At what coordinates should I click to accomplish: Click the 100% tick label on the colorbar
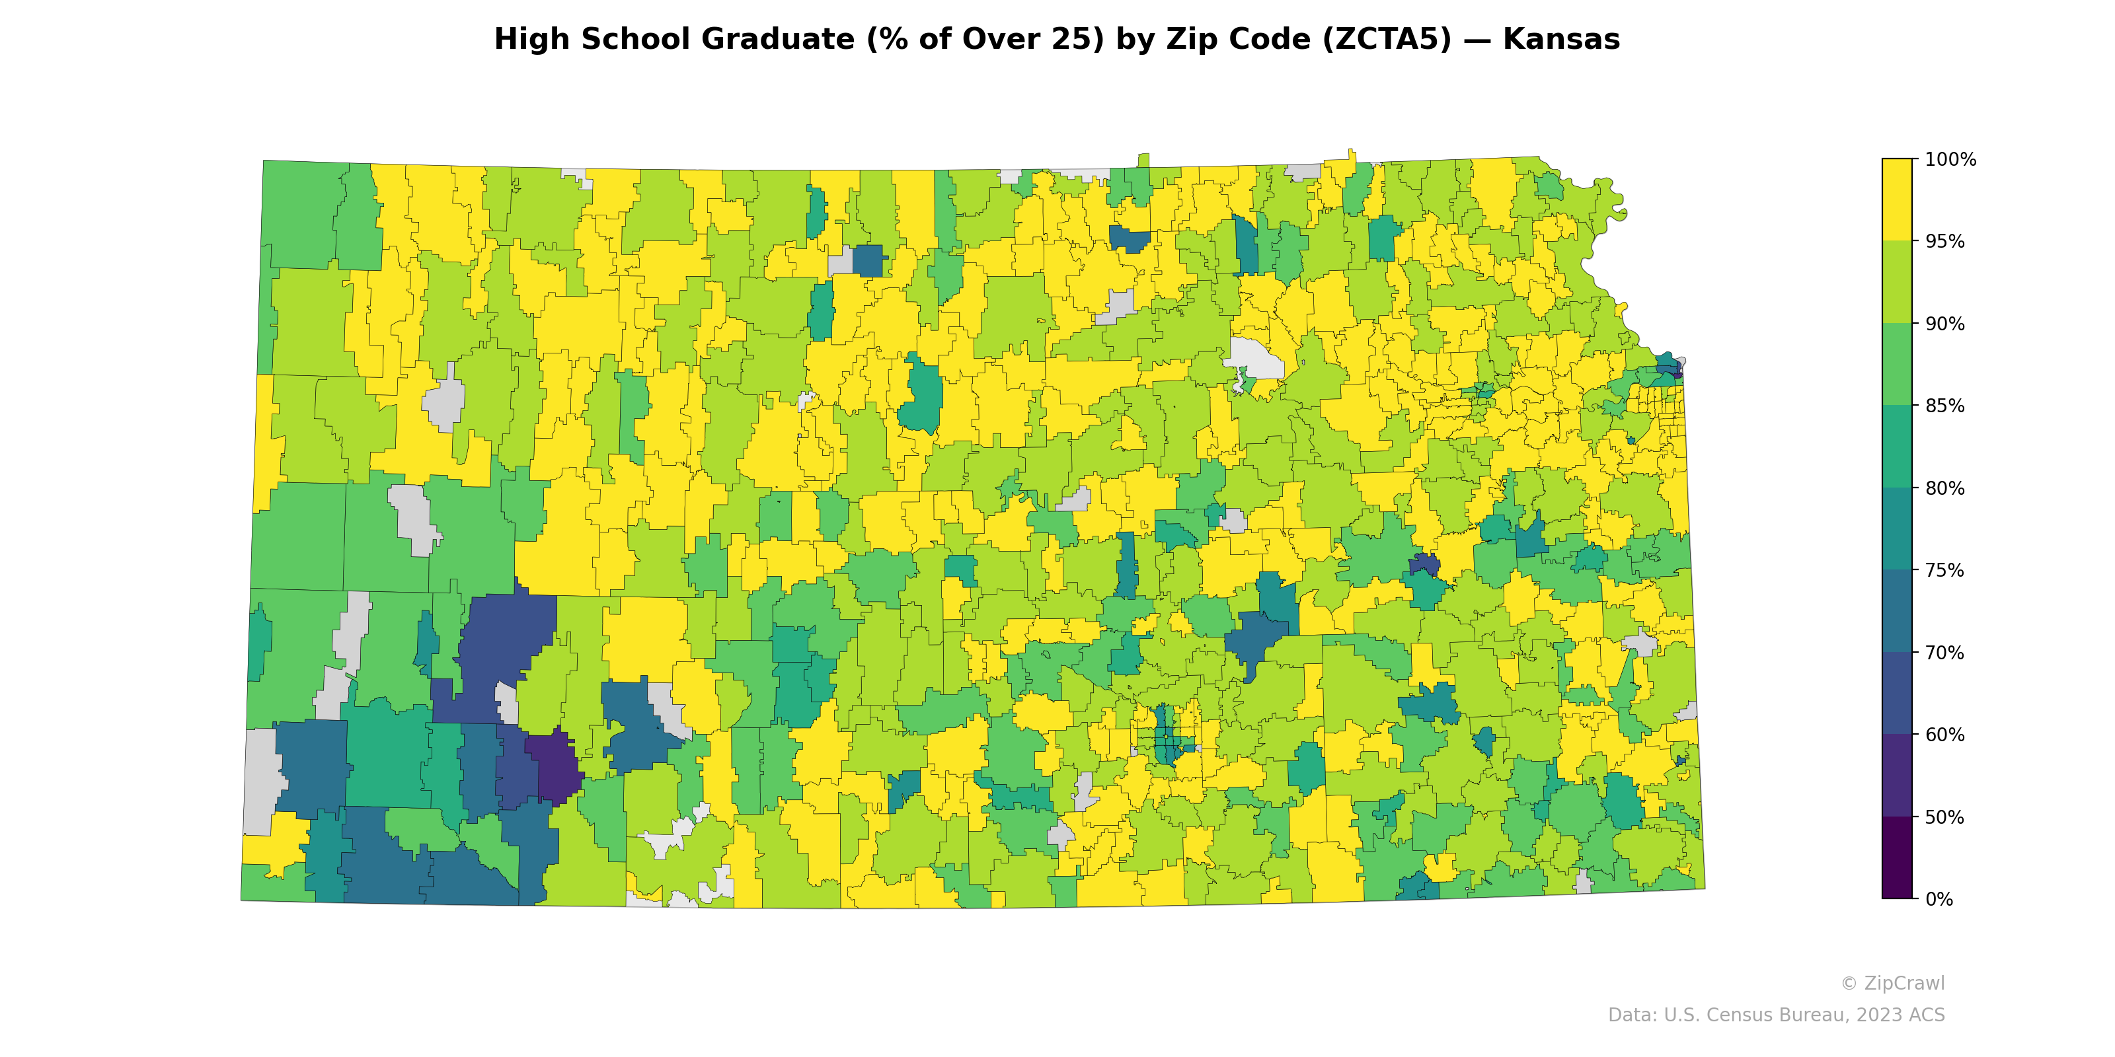point(1950,160)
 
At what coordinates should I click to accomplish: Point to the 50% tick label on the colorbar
point(1944,817)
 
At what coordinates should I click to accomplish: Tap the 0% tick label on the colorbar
point(1939,899)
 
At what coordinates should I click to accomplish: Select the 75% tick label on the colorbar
point(1944,570)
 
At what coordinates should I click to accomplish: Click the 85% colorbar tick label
point(1944,406)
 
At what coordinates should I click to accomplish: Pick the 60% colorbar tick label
point(1944,735)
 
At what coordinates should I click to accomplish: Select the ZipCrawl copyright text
point(1892,983)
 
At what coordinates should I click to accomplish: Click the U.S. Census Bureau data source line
point(1775,1015)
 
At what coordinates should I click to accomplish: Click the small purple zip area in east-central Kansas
point(1424,565)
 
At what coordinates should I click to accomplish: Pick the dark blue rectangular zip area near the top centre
point(868,261)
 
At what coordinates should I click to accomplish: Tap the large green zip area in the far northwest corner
point(299,215)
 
